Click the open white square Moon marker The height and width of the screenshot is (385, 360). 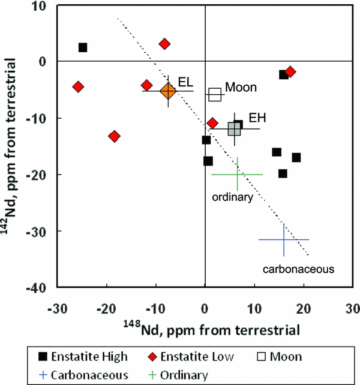(x=215, y=94)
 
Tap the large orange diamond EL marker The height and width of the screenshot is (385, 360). (x=168, y=91)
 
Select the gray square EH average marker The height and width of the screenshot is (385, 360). (x=235, y=130)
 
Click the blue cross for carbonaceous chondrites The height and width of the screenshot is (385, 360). (x=284, y=239)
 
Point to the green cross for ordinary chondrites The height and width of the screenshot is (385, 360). (x=237, y=175)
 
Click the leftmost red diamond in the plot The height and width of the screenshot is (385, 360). (x=77, y=87)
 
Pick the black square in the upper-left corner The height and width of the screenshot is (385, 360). (x=83, y=47)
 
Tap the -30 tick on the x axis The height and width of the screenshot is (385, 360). (x=56, y=309)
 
